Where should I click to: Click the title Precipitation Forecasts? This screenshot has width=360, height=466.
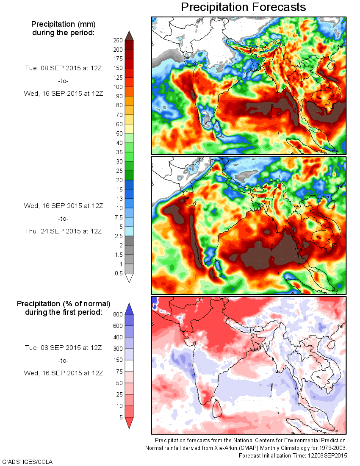243,7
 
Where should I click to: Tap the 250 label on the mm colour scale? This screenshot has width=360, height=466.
118,40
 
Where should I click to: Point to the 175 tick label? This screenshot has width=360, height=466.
118,59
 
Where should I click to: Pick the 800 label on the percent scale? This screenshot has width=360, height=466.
118,314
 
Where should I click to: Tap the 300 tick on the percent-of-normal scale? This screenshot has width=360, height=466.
118,349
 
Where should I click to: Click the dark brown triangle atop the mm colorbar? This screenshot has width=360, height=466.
129,35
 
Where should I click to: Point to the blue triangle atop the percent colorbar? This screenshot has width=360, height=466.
129,308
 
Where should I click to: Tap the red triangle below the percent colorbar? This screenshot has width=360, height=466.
129,423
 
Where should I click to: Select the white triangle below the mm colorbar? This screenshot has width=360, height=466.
129,278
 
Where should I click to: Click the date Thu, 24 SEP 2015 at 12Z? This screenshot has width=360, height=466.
63,231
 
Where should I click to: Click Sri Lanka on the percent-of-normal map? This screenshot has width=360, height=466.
217,408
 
